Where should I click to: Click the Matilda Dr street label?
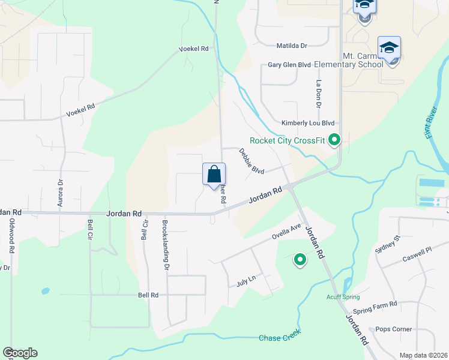(x=292, y=45)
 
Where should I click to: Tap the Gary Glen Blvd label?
(x=289, y=65)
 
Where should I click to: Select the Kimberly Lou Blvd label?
(x=308, y=122)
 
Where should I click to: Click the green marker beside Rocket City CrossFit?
(x=335, y=141)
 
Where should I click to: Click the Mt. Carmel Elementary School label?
(x=363, y=60)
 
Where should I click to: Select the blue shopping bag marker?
(x=214, y=175)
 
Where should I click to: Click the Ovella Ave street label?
(x=286, y=231)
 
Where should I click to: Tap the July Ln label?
(x=246, y=280)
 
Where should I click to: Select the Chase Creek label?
(x=279, y=337)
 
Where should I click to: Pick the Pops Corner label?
(x=394, y=329)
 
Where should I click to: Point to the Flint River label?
(x=436, y=127)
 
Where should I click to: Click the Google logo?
(x=20, y=353)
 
